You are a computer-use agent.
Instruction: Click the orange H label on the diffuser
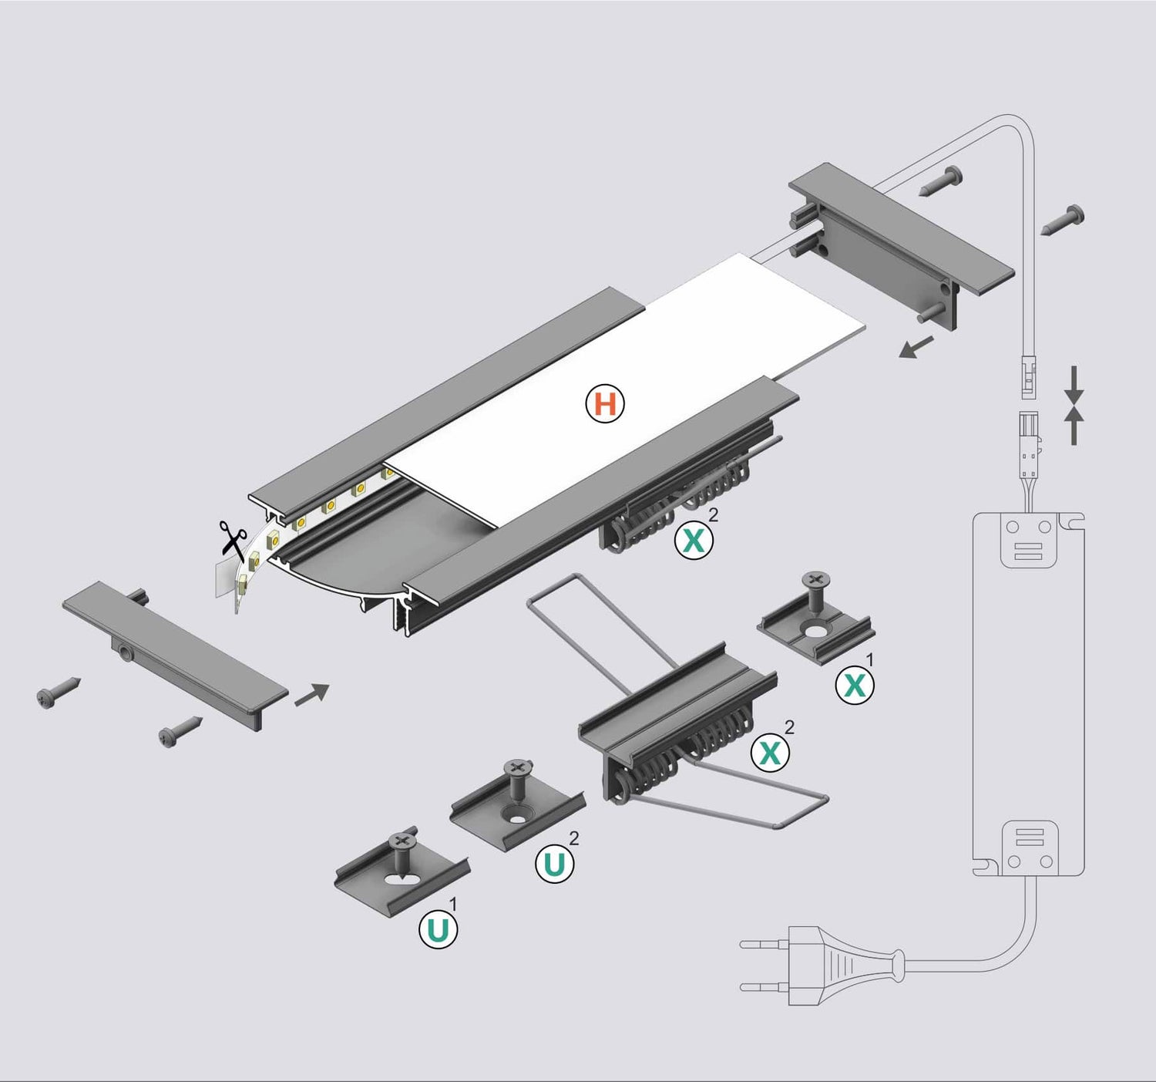click(605, 404)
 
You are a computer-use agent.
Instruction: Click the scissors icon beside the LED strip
click(232, 538)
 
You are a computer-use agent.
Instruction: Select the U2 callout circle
click(555, 864)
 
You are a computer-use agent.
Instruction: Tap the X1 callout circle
click(855, 685)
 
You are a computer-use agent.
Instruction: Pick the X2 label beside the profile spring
click(694, 540)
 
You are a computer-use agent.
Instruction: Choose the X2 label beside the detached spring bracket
click(771, 751)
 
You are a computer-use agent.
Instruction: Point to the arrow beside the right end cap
click(916, 347)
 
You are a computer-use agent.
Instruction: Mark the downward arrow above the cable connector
click(1074, 383)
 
